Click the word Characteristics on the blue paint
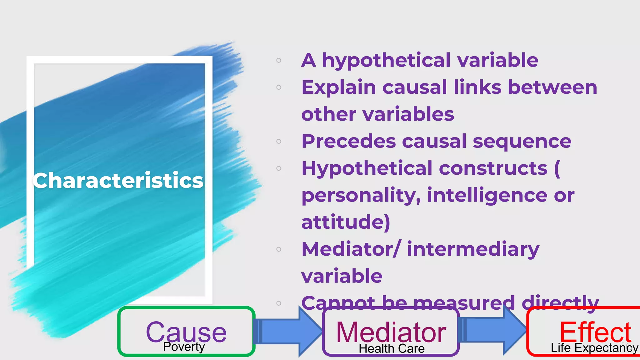[x=118, y=181]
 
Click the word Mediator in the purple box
[x=391, y=332]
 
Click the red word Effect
[x=595, y=332]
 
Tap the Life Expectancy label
[x=594, y=348]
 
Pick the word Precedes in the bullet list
[x=348, y=141]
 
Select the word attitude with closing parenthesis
[x=346, y=222]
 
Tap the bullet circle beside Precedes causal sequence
[x=279, y=141]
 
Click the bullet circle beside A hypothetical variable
[x=279, y=60]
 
